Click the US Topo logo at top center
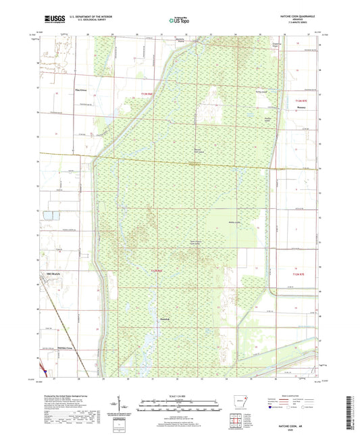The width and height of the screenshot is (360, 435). pos(179,21)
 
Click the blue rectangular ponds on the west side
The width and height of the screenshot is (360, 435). pos(48,216)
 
